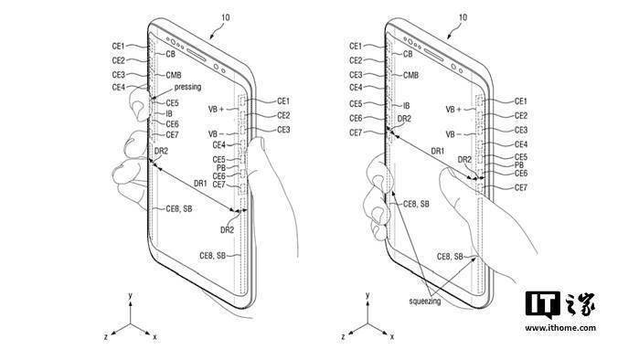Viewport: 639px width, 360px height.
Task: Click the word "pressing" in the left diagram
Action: [187, 87]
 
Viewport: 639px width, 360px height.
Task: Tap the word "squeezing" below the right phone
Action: [425, 302]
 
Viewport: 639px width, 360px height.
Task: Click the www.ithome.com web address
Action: [560, 328]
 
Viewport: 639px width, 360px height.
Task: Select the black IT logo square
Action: [542, 303]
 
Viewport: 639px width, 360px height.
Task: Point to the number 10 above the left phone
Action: [226, 17]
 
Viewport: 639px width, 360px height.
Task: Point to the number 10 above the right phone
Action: [463, 17]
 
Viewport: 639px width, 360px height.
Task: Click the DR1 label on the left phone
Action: [200, 184]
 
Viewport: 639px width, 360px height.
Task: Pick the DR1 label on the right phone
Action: [438, 151]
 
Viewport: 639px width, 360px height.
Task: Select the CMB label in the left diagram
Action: [174, 75]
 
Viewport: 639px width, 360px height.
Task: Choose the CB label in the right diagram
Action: [408, 54]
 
